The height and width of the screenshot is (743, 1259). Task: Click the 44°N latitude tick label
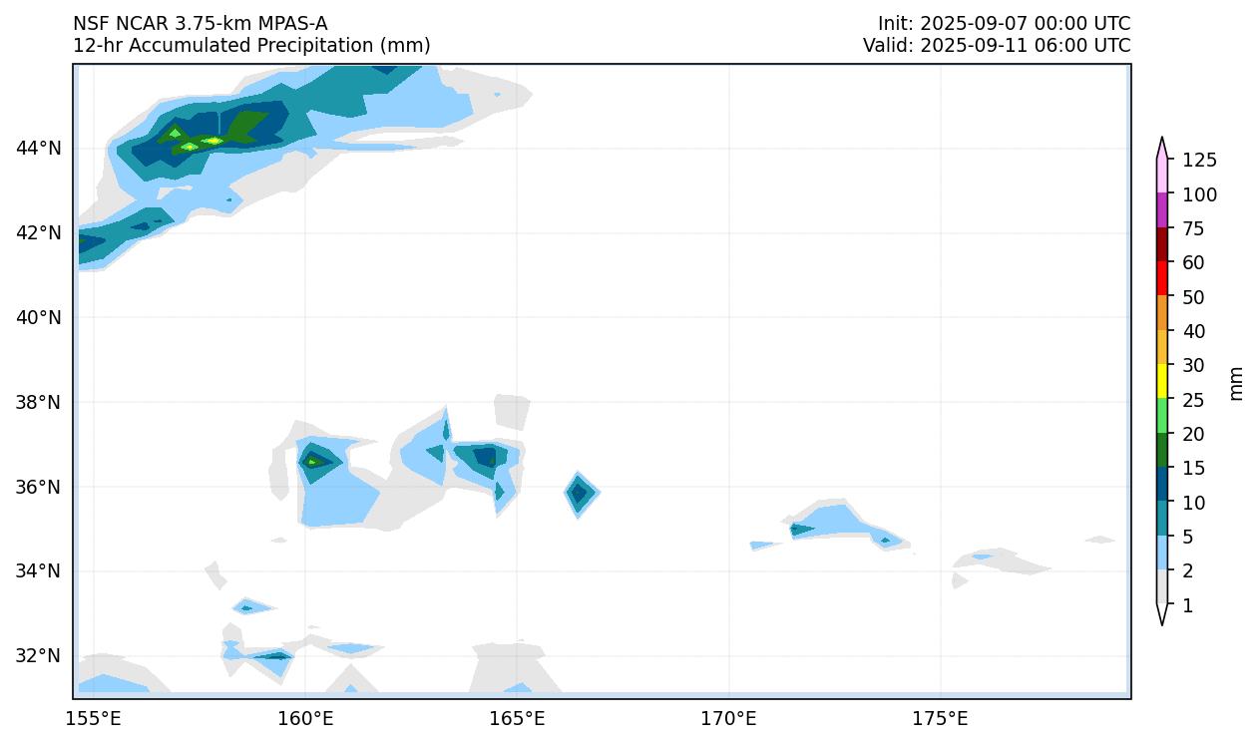pos(39,149)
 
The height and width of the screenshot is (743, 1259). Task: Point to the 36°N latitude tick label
pos(39,487)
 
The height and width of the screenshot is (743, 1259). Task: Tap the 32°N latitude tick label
pos(39,656)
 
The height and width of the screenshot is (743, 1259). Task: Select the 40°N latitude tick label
pos(39,318)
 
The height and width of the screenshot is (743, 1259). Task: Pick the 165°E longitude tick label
pos(518,719)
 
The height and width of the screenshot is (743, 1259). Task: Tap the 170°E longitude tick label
pos(729,719)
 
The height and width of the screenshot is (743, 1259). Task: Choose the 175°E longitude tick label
pos(941,719)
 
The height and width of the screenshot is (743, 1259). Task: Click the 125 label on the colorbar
pos(1199,161)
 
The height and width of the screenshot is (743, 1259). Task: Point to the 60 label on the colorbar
pos(1194,263)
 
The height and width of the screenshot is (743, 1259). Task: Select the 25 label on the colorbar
pos(1194,400)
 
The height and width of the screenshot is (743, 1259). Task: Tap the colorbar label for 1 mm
pos(1187,605)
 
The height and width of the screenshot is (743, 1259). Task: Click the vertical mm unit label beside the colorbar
pos(1237,383)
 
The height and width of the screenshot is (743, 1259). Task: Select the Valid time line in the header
pos(997,46)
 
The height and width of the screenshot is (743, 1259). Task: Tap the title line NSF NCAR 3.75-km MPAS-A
pos(200,24)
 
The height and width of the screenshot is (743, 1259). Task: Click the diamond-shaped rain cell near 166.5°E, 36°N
pos(580,493)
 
